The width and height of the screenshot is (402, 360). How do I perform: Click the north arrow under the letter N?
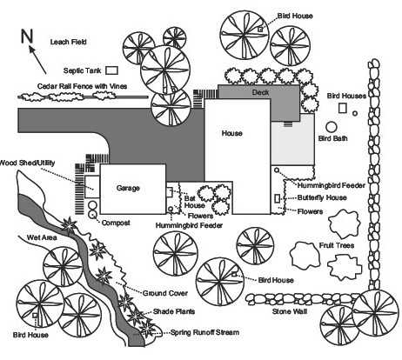(37, 59)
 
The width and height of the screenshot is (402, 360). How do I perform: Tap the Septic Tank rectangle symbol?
(111, 70)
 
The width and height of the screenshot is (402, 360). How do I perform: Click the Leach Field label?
(69, 42)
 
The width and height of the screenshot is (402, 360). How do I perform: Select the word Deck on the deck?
(260, 92)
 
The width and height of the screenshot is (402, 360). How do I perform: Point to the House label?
(231, 133)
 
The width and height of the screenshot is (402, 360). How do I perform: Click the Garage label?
(128, 188)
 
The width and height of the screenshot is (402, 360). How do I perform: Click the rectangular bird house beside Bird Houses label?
(343, 108)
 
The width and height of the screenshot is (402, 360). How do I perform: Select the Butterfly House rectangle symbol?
(278, 198)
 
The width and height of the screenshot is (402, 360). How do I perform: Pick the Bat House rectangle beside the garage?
(169, 192)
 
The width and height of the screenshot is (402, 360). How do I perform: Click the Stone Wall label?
(290, 311)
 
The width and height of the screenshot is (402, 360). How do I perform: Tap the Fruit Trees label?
(337, 245)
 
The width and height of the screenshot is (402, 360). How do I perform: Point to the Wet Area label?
(42, 237)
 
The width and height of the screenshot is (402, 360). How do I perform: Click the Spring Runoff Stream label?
(204, 332)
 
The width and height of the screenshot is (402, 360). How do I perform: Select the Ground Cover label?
(165, 293)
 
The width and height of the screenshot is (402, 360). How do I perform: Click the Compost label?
(116, 223)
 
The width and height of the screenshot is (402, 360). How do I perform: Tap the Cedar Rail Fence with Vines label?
(82, 86)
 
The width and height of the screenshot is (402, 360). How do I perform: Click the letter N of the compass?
(27, 37)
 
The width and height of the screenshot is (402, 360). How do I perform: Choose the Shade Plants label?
(174, 311)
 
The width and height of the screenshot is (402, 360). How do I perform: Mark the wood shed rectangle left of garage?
(92, 187)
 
